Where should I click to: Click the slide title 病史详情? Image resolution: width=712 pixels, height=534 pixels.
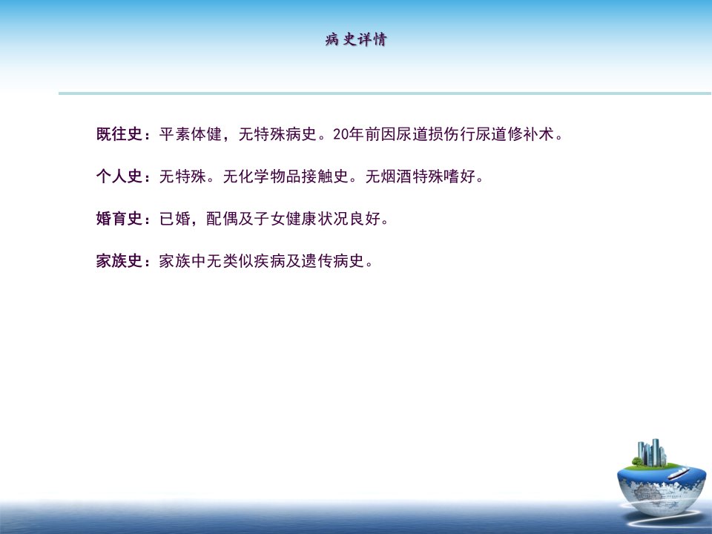coord(355,39)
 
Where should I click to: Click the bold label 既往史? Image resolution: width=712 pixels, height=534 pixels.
coord(119,134)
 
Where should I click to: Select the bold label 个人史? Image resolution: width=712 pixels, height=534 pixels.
coord(119,177)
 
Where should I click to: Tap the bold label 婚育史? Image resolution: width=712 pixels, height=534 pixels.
coord(119,218)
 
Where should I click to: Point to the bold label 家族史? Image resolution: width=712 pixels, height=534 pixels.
coord(119,260)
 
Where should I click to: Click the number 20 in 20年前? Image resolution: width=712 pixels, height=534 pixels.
coord(341,134)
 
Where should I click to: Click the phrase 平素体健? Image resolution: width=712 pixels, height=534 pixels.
coord(191,134)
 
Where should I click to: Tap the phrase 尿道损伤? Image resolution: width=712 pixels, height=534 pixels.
coord(428,134)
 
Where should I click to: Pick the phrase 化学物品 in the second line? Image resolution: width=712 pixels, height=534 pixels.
coord(270,177)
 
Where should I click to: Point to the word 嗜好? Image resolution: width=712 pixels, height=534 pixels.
coord(460,177)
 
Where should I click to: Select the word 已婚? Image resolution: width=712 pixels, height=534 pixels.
coord(175,218)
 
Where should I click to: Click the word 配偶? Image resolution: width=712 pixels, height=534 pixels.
coord(222,218)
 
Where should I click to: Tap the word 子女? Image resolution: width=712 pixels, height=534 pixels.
coord(270,218)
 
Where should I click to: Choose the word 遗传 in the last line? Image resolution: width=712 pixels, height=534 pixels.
coord(317,260)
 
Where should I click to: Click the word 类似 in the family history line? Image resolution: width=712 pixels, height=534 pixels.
coord(238,260)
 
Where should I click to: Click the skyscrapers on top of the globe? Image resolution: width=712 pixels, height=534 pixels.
coord(652,452)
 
